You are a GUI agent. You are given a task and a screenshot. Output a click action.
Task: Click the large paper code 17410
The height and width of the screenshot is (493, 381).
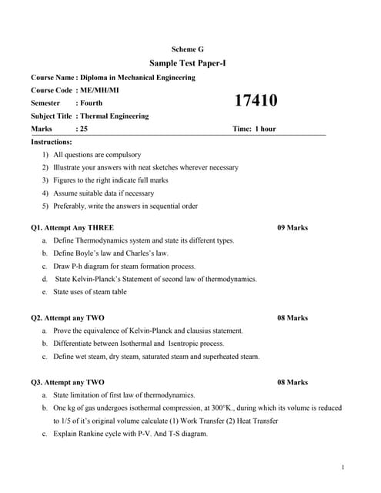tap(256, 100)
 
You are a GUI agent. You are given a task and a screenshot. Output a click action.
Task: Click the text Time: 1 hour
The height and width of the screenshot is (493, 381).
tap(253, 129)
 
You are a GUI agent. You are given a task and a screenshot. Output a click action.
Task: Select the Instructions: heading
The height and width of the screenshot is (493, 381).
tap(52, 142)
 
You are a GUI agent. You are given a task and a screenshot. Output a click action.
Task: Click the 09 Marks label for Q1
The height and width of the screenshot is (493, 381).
tap(292, 228)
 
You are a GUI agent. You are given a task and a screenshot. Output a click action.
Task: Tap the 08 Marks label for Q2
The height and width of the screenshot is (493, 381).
tap(292, 317)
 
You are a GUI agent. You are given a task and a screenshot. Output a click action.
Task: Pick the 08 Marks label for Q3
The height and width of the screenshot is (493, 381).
tap(292, 382)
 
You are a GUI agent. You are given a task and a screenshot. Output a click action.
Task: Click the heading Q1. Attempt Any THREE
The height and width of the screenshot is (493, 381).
tap(72, 228)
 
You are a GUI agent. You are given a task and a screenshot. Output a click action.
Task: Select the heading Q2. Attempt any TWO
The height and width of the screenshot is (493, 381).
tap(68, 317)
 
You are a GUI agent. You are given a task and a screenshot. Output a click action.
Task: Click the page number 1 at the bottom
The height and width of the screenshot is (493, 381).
tap(342, 468)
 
